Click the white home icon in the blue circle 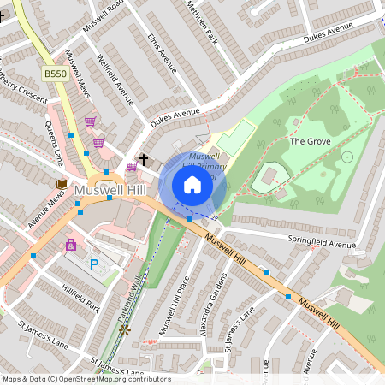click(x=192, y=184)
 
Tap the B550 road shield click(x=56, y=74)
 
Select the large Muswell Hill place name click(x=112, y=188)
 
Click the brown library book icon click(x=62, y=183)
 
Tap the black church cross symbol click(x=144, y=159)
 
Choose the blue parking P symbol click(x=94, y=264)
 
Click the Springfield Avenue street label click(x=321, y=245)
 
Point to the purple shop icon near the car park click(x=71, y=245)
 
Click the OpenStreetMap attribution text click(x=86, y=379)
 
